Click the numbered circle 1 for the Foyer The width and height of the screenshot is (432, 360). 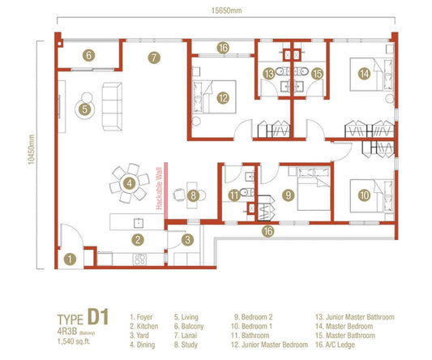(x=71, y=259)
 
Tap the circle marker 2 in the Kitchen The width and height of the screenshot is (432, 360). (x=139, y=239)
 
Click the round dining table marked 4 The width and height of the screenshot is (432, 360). (x=129, y=183)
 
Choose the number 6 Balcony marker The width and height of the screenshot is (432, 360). (x=89, y=56)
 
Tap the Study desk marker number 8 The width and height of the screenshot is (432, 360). (x=192, y=195)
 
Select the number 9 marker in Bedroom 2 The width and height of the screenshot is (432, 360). (x=287, y=195)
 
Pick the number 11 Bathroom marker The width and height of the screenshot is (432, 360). (x=233, y=195)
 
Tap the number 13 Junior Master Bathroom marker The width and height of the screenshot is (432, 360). (x=268, y=74)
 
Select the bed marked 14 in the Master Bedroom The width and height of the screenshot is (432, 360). (x=364, y=74)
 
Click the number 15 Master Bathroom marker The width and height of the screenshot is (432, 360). (x=317, y=74)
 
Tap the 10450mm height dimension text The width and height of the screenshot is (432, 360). (x=28, y=156)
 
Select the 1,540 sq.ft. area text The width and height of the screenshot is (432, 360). (x=77, y=339)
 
